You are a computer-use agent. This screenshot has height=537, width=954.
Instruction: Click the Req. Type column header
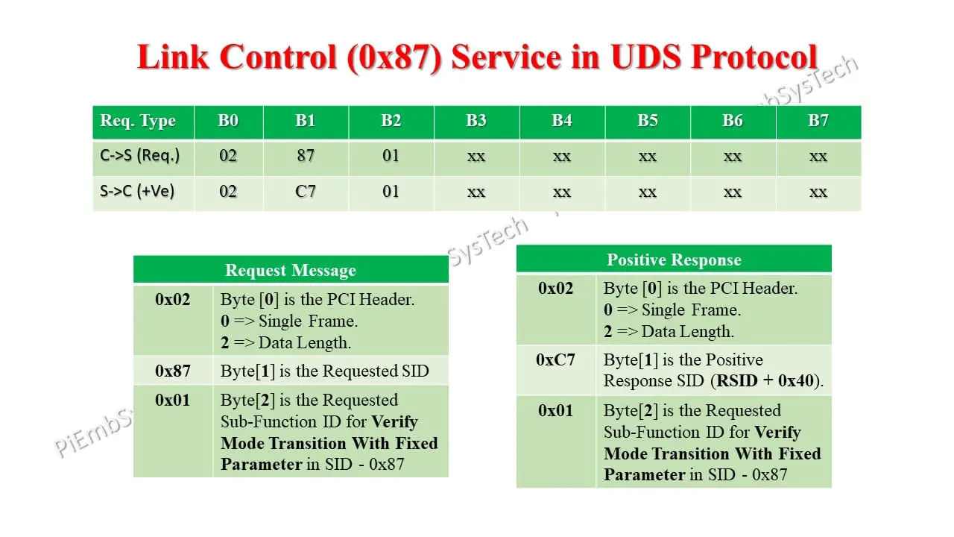pos(138,121)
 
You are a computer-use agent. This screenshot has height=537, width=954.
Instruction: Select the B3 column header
pos(476,121)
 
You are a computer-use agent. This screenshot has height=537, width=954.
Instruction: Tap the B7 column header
pos(818,121)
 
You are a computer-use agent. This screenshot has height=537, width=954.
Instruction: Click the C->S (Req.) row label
pos(140,156)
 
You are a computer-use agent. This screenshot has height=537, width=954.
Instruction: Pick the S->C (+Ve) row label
pos(137,192)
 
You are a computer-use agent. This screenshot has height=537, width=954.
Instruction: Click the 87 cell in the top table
pos(306,156)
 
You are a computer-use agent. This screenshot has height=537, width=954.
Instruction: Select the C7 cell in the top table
pos(306,192)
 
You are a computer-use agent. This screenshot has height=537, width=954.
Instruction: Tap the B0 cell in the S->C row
pos(228,192)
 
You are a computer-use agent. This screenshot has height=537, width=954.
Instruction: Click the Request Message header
pos(291,270)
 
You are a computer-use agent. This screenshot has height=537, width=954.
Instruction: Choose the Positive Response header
pos(674,260)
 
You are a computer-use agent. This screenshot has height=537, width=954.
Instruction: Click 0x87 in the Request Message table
pos(173,371)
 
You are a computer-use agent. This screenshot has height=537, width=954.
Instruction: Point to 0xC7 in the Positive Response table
pos(556,360)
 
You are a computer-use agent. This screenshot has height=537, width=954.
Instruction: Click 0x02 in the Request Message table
pos(173,300)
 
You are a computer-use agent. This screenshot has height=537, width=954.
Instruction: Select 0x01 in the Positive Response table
pos(556,411)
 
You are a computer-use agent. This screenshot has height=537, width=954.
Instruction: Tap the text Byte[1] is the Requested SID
pos(325,371)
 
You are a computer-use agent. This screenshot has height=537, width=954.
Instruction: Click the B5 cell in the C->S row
pos(647,156)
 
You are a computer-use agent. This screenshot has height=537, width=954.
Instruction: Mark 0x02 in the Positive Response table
pos(556,289)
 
